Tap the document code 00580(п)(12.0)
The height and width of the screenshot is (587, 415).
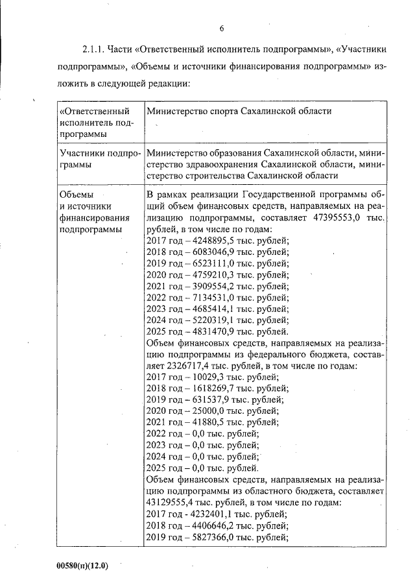pos(82,566)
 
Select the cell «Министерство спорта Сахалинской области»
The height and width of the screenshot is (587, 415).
pos(239,111)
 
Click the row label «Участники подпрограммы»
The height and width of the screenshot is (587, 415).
pos(99,158)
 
